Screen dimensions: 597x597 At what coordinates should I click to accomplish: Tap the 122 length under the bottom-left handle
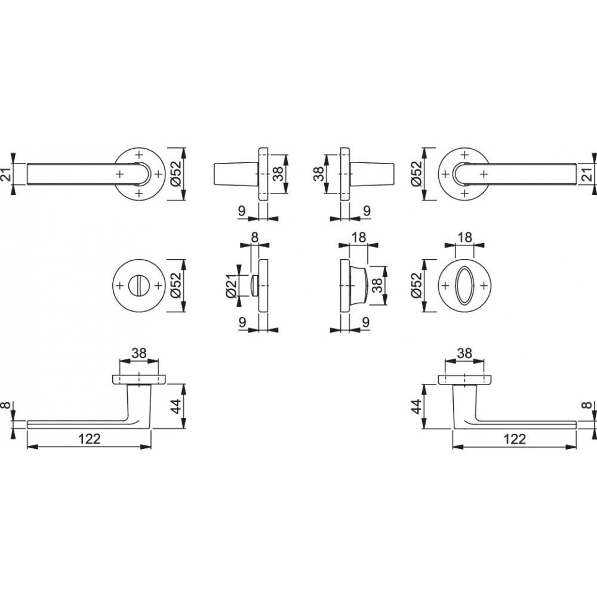[90, 439]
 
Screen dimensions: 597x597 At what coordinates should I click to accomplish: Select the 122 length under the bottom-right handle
[515, 439]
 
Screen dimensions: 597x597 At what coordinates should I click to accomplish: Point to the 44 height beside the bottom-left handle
[175, 407]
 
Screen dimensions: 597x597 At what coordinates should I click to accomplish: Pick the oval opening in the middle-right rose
[464, 285]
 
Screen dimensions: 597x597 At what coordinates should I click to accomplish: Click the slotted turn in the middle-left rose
[139, 285]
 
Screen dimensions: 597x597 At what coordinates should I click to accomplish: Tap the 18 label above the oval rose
[464, 237]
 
